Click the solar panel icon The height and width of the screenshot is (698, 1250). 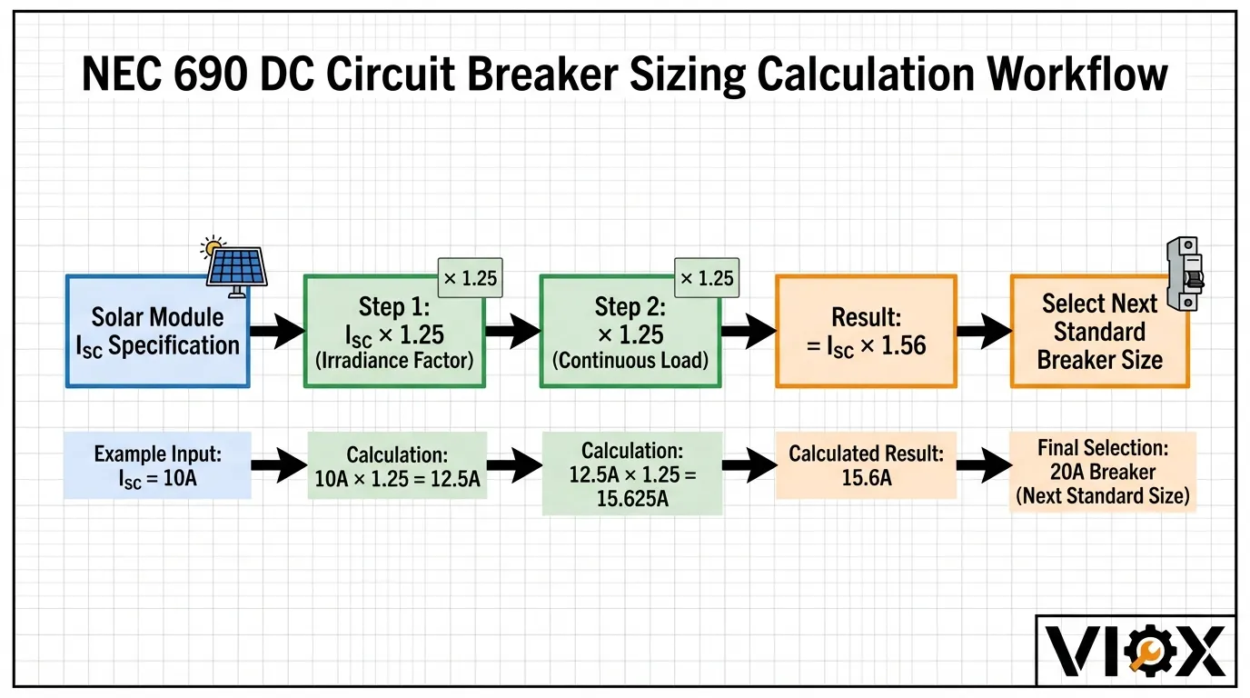[234, 264]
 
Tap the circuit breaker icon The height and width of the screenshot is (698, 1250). [1184, 274]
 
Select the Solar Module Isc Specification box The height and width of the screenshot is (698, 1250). [157, 332]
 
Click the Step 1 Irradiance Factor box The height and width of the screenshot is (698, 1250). [393, 332]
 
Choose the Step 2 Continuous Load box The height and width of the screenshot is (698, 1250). [630, 332]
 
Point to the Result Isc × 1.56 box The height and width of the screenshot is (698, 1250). [866, 332]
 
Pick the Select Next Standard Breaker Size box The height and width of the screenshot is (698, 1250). [1099, 332]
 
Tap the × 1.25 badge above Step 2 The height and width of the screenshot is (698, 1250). [706, 278]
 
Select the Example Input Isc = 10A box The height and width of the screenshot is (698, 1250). [157, 465]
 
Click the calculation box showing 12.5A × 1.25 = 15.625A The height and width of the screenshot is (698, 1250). [632, 474]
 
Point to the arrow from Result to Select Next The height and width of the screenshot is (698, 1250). [984, 332]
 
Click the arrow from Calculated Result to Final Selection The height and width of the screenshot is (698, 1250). [984, 466]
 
